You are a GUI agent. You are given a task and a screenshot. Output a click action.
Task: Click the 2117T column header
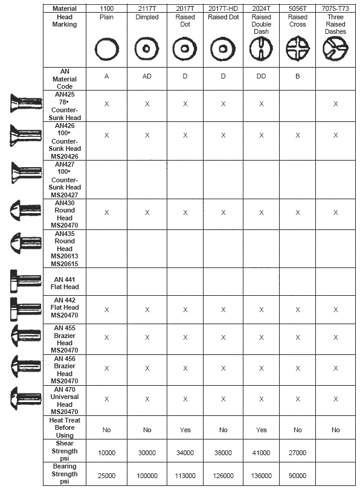point(147,9)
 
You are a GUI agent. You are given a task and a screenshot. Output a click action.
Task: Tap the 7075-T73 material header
point(335,9)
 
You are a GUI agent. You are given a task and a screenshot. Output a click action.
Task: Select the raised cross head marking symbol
point(298,48)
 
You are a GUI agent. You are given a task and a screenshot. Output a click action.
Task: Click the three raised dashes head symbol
point(335,48)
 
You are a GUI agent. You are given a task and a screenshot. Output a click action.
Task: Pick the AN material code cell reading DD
point(261,77)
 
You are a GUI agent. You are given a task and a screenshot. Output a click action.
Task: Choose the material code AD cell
point(147,77)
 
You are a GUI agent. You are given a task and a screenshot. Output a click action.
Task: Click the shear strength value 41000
point(261,452)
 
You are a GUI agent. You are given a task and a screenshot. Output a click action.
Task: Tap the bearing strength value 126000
point(223,476)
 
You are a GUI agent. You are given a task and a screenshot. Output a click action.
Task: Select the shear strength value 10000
point(106,452)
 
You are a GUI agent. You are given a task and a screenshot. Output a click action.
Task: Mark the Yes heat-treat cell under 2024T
point(261,430)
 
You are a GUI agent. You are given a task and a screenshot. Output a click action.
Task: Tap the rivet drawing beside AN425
point(23,104)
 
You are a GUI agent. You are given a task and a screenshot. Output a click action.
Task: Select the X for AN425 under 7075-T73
point(335,104)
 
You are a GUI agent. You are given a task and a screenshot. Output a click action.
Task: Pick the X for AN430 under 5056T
point(298,212)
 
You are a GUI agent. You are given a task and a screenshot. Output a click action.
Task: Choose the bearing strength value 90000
point(298,476)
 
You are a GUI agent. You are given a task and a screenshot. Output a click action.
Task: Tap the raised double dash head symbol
point(261,48)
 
